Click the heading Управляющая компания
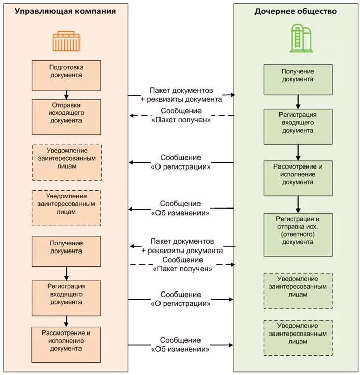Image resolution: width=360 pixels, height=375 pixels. (x=65, y=11)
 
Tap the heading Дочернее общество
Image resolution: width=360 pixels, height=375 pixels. (x=295, y=11)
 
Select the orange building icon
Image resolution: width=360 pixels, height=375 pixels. (x=66, y=41)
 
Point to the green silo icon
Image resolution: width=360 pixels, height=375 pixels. (x=301, y=38)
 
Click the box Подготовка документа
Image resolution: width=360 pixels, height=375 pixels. (x=66, y=75)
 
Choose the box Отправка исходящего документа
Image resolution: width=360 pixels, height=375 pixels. (x=66, y=117)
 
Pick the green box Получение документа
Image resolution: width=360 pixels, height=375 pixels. (x=298, y=79)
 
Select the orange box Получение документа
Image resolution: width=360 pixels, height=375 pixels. (x=66, y=251)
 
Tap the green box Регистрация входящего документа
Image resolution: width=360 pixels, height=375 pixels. (x=298, y=127)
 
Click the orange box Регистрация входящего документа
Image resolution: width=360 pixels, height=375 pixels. (x=66, y=298)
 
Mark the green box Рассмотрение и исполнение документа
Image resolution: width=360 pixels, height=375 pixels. (x=298, y=179)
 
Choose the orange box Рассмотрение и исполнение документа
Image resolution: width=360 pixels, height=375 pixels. (x=66, y=345)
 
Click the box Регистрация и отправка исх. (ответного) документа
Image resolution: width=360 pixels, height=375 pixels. (x=298, y=235)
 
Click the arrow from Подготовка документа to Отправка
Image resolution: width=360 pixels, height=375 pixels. (x=66, y=95)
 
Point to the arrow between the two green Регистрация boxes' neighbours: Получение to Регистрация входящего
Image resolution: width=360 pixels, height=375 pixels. (x=298, y=102)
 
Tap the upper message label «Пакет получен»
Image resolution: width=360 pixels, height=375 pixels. (x=181, y=120)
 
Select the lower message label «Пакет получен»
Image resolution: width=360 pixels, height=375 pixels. (x=182, y=269)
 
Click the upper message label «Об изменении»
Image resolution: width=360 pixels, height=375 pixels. (x=180, y=213)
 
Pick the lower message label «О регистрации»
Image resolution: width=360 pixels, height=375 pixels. (x=181, y=303)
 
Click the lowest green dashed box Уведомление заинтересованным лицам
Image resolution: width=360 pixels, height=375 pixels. (x=298, y=338)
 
